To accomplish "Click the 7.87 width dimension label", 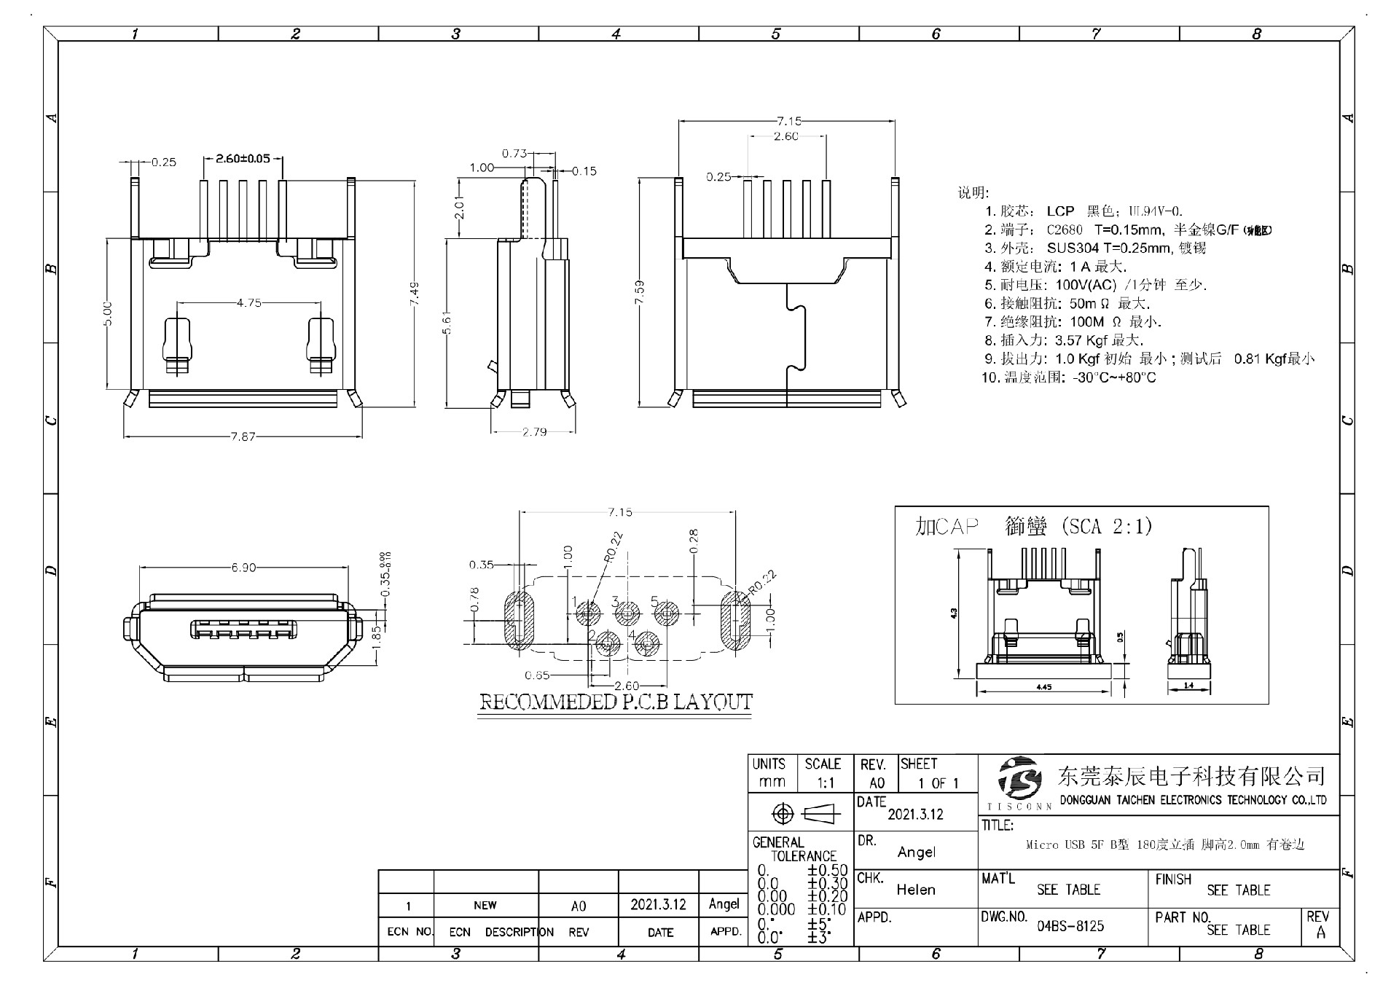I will pos(243,436).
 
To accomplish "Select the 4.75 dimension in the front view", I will pos(248,302).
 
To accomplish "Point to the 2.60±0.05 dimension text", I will pos(243,158).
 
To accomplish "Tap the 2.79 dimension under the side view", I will pos(534,432).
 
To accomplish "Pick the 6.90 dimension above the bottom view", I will pos(243,568).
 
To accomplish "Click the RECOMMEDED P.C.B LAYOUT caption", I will pos(615,702).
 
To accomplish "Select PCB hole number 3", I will pos(626,615).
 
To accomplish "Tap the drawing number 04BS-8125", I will pos(1070,926).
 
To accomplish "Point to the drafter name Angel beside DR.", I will pos(916,852).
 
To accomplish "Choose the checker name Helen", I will pos(916,890).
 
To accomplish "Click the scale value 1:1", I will pos(825,783).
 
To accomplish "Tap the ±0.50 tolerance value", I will pos(827,870).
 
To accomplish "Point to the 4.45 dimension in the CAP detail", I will pos(1043,687).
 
